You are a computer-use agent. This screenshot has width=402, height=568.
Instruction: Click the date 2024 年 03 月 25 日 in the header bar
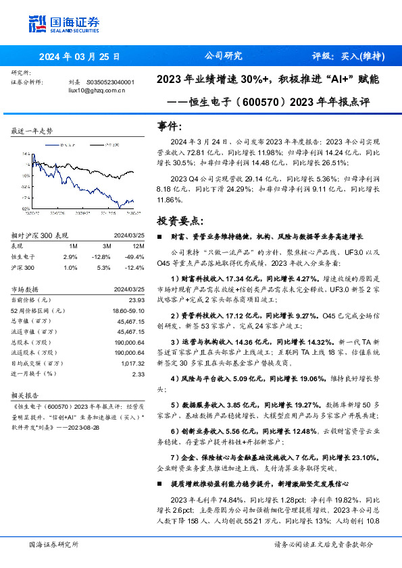pos(79,57)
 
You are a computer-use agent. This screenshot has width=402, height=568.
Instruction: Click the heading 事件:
pos(169,125)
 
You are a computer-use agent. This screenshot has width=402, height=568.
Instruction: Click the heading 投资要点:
pos(178,221)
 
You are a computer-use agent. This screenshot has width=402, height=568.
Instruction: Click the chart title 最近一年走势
pos(33,131)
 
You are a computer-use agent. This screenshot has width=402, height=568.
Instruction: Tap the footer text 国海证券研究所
pos(54,544)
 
